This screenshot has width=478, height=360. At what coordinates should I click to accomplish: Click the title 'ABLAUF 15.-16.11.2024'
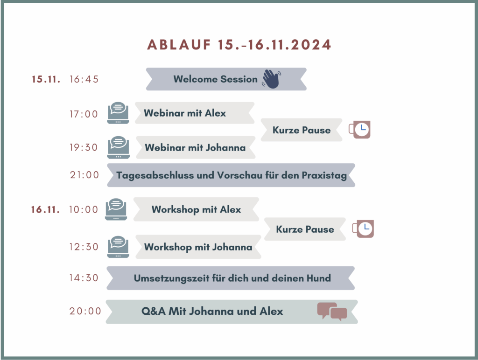pyautogui.click(x=239, y=45)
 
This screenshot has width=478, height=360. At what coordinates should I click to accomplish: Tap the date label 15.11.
pyautogui.click(x=46, y=79)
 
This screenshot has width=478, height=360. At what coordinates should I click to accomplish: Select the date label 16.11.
pyautogui.click(x=45, y=209)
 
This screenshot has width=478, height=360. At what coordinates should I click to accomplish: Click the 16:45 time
pyautogui.click(x=84, y=79)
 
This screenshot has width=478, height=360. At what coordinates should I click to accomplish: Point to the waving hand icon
pyautogui.click(x=271, y=79)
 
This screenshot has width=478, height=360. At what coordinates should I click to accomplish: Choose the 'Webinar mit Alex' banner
pyautogui.click(x=195, y=113)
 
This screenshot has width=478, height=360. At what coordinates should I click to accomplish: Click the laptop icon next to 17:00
pyautogui.click(x=118, y=113)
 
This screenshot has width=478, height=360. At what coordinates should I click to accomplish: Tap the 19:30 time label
pyautogui.click(x=84, y=147)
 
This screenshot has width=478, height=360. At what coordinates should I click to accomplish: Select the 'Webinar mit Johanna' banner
pyautogui.click(x=196, y=147)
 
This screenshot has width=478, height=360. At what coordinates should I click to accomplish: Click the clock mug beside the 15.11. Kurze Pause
pyautogui.click(x=360, y=130)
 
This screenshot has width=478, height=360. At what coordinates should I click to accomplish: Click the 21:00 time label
pyautogui.click(x=84, y=175)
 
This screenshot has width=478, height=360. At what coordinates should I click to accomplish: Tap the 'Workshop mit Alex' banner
pyautogui.click(x=197, y=209)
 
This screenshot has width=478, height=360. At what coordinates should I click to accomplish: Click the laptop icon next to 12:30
pyautogui.click(x=118, y=247)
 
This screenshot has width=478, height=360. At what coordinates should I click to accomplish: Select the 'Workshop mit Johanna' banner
pyautogui.click(x=198, y=247)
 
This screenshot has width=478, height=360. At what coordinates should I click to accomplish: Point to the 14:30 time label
pyautogui.click(x=84, y=278)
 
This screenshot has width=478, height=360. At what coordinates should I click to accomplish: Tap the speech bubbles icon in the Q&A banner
pyautogui.click(x=332, y=312)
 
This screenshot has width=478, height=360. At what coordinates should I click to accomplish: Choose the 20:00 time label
pyautogui.click(x=85, y=311)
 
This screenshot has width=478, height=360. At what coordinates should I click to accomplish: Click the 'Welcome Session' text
pyautogui.click(x=216, y=79)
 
